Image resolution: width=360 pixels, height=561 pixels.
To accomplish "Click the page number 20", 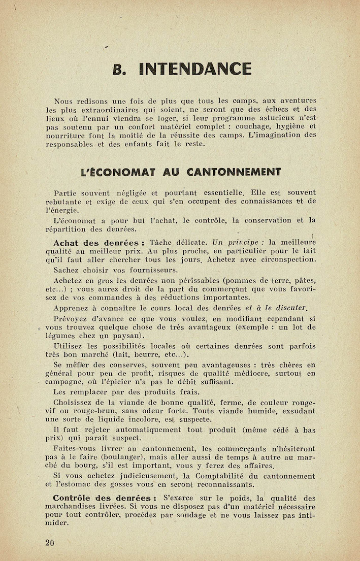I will tap(49, 543).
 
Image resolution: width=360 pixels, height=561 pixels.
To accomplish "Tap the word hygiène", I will tap(288, 126).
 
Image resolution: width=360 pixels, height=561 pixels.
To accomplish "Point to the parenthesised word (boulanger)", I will tap(113, 457).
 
